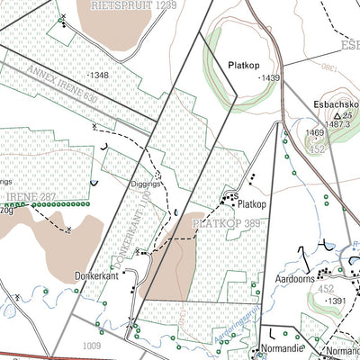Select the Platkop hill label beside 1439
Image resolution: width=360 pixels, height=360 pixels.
click(243, 65)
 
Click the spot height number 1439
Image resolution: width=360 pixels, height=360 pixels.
click(269, 79)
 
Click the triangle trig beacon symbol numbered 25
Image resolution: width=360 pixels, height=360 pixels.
click(337, 116)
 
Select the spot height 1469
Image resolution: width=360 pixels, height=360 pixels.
click(313, 132)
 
